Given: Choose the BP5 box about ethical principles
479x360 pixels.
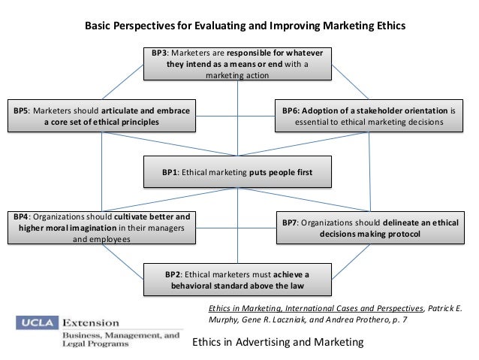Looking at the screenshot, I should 101,116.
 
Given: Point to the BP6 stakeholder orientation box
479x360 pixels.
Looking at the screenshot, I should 369,116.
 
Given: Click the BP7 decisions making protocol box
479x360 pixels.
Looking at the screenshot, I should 369,228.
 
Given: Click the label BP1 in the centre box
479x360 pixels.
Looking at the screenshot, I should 170,171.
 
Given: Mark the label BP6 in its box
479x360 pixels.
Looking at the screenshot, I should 291,110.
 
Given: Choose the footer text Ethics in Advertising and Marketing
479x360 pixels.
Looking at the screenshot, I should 278,342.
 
